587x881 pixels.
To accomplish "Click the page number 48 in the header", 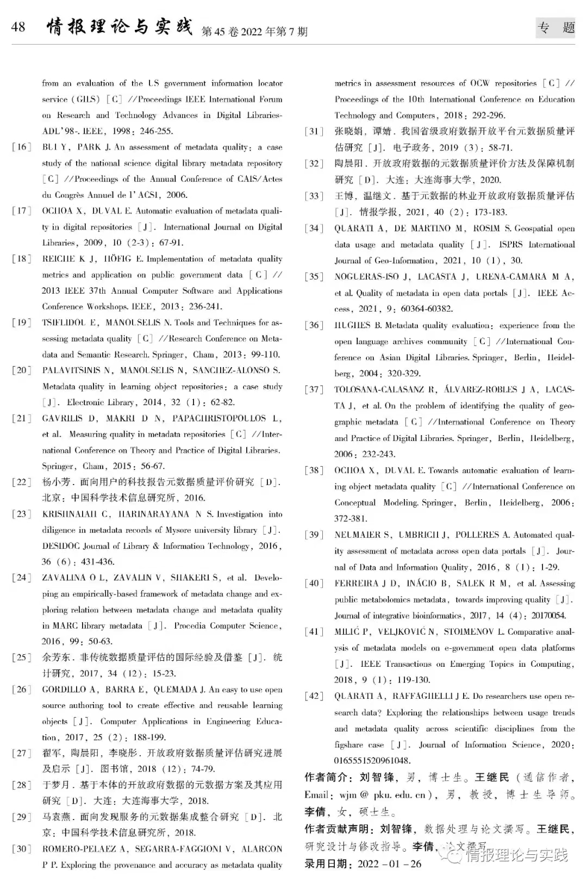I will coord(18,27).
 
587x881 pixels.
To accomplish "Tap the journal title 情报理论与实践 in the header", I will coord(120,26).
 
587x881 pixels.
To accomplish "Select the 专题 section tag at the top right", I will coord(555,27).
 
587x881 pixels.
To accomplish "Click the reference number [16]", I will coord(22,147).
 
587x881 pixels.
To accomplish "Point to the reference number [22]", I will coord(22,482).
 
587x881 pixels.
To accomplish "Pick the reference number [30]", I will coord(22,848).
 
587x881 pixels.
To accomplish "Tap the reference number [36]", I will coord(314,325).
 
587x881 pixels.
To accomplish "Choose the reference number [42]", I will coord(314,696).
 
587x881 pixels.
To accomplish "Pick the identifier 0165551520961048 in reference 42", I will coord(372,761).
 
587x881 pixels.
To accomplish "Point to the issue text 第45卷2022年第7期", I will coord(254,32).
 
